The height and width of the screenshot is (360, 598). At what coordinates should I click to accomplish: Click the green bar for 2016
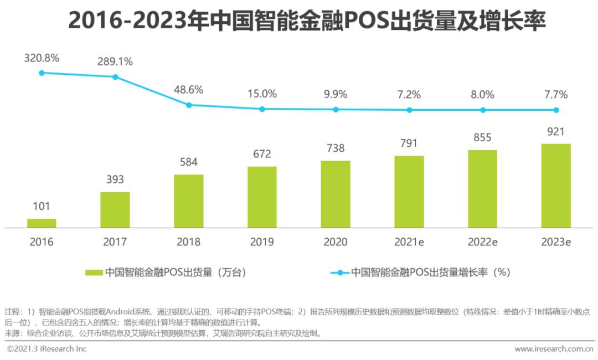42,223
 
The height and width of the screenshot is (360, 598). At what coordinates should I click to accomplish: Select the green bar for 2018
189,201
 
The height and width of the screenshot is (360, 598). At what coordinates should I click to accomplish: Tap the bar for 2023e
556,186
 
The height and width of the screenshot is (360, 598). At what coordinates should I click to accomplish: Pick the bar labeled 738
336,194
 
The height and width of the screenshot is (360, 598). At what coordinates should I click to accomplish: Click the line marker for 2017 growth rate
115,77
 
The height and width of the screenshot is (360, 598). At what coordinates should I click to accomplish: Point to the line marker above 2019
262,109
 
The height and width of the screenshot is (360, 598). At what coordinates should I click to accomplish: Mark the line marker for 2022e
483,110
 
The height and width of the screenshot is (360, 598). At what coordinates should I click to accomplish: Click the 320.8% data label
42,58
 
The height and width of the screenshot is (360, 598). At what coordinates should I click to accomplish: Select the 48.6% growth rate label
189,89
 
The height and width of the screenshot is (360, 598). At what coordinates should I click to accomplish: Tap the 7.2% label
409,94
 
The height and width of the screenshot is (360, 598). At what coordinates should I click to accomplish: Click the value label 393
115,179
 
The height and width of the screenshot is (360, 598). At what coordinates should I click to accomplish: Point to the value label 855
483,137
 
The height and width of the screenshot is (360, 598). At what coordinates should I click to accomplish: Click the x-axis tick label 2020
336,242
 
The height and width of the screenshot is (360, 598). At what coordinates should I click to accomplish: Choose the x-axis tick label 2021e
409,242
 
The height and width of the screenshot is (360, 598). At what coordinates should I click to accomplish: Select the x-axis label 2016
42,242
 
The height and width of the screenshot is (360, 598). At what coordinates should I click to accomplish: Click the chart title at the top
299,21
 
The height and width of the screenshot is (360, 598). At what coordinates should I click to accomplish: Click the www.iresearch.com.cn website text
554,349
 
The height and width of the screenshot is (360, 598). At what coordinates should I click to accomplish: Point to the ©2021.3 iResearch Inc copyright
47,349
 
